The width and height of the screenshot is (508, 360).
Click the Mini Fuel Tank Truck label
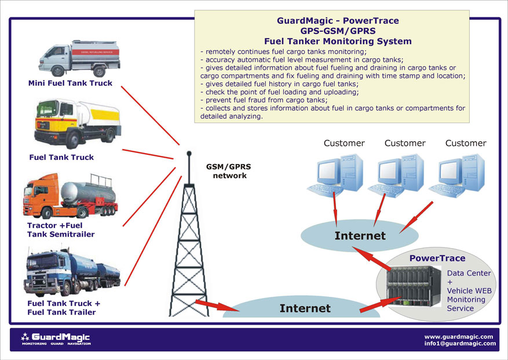coord(70,83)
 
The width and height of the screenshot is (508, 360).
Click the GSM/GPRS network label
coord(229,171)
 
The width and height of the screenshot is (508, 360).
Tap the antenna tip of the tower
coord(188,154)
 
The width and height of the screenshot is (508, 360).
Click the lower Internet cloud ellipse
coord(305,308)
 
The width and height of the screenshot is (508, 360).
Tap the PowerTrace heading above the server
coord(437,258)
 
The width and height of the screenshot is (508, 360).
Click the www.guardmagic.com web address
coord(458,336)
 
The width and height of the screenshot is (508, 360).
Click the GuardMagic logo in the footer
coord(56,339)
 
